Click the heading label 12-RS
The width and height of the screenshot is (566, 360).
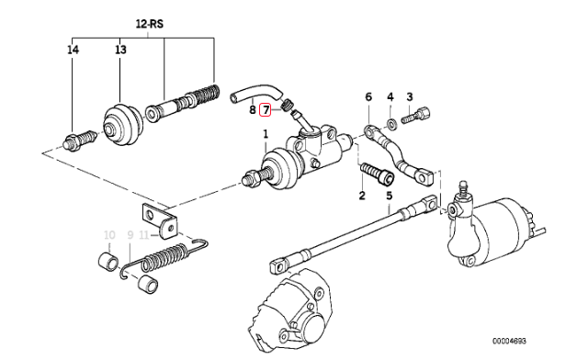[x=150, y=24]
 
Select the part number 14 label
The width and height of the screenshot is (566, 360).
[x=73, y=50]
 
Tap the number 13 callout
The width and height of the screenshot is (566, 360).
[x=120, y=50]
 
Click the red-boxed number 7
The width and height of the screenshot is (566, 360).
[x=266, y=109]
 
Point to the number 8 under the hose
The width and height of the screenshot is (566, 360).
[x=253, y=109]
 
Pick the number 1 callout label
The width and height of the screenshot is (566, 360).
[x=266, y=135]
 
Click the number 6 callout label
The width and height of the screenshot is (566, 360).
[x=368, y=96]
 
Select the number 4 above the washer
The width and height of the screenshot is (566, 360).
[x=391, y=96]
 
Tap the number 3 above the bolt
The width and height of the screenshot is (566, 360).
[x=410, y=96]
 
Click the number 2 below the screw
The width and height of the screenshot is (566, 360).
[x=362, y=196]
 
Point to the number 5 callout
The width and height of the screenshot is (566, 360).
[x=389, y=196]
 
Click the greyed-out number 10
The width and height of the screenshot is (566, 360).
[x=109, y=235]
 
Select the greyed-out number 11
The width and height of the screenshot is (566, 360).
[x=144, y=235]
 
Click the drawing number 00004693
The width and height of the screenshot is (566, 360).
[x=509, y=341]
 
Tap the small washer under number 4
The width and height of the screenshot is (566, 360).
[x=391, y=123]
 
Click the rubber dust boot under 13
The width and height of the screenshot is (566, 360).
[x=123, y=126]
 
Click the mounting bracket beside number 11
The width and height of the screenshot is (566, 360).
[x=160, y=220]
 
